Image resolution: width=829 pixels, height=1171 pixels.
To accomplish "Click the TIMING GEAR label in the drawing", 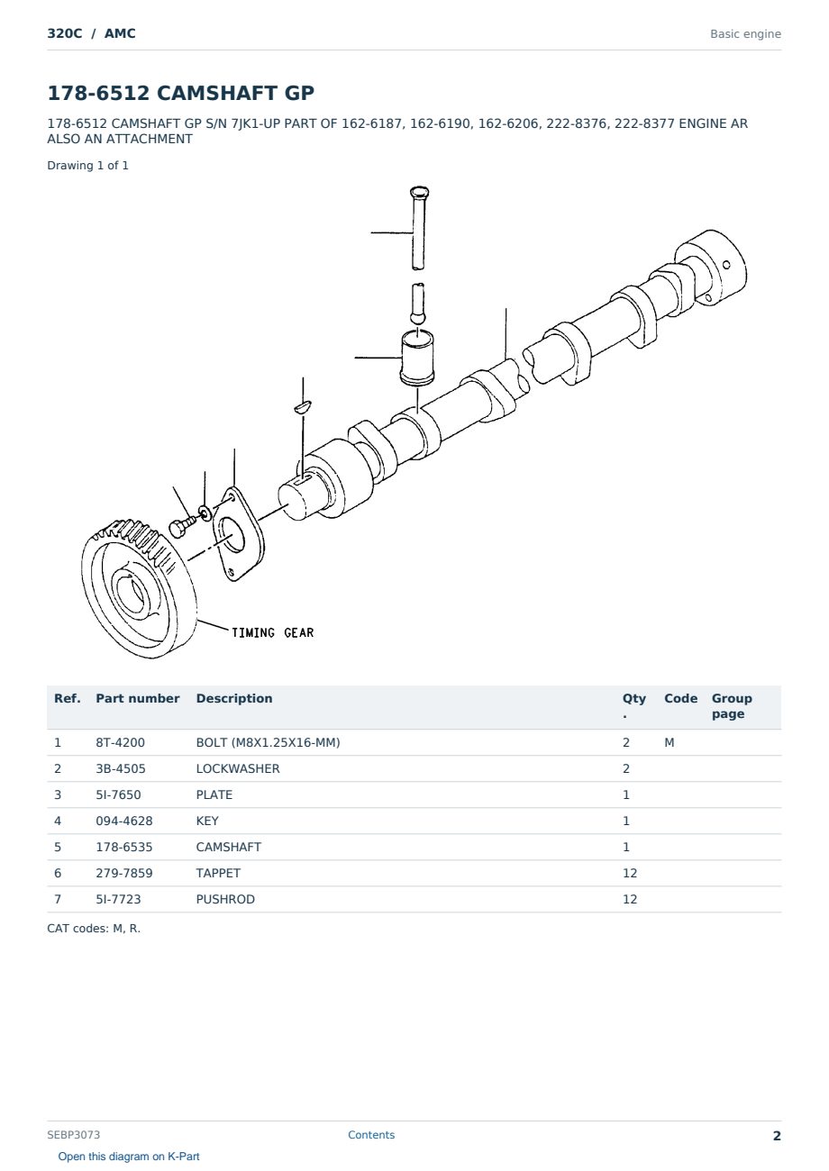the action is point(272,632).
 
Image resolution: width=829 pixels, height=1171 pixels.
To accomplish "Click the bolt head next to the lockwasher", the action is point(178,529).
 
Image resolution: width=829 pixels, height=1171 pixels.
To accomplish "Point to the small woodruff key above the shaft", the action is point(303,406).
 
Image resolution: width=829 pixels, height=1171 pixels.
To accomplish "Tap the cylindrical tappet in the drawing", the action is point(417,359).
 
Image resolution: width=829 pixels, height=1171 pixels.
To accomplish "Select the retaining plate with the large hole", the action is point(238,534).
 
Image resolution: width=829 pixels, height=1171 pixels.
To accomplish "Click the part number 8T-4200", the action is point(120,742).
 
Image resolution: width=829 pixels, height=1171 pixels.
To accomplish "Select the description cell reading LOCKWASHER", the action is point(238,768).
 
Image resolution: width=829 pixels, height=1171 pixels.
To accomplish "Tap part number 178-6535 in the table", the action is point(124,847).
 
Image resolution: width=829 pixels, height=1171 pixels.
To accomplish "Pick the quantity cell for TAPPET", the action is point(630,873).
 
